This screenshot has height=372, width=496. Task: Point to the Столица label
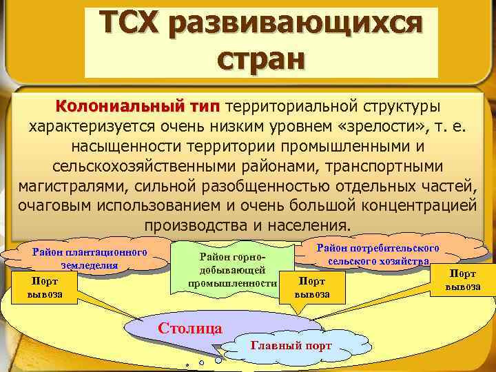click(x=189, y=327)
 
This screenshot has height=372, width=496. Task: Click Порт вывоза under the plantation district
click(x=45, y=287)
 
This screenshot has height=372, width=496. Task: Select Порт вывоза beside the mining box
click(x=312, y=287)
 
